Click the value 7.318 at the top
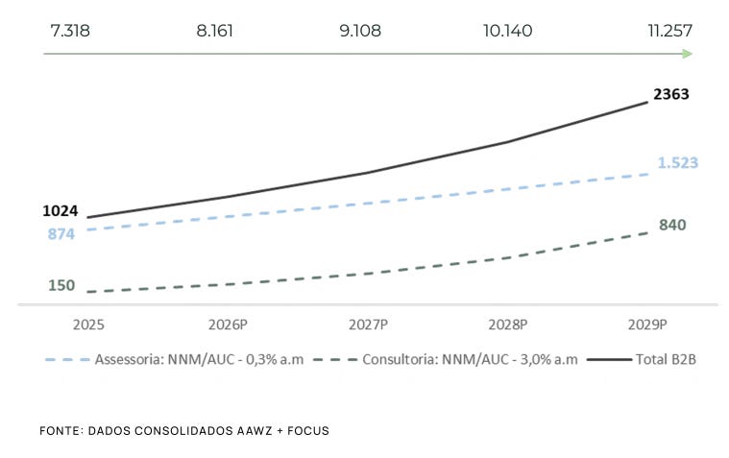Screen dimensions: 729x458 point(70,31)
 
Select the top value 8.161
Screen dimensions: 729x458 point(214,31)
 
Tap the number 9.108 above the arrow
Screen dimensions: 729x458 point(360,31)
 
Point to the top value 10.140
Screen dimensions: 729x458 point(508,31)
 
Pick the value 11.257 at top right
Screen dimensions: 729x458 point(670,31)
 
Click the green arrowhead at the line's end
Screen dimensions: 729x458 point(687,54)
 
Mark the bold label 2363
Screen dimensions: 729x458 point(670,94)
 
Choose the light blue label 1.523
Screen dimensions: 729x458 point(677,162)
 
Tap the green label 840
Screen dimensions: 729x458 point(672,225)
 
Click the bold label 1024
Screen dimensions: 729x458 point(61,210)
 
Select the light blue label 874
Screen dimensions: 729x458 point(61,233)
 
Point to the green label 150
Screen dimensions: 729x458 point(61,285)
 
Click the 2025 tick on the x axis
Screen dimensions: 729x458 point(88,325)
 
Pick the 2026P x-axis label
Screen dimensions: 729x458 point(228,325)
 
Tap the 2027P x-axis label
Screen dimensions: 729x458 point(368,325)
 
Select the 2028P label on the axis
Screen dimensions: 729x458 point(508,325)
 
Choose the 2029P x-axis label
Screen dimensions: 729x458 point(647,325)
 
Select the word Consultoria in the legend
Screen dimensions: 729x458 point(400,359)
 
